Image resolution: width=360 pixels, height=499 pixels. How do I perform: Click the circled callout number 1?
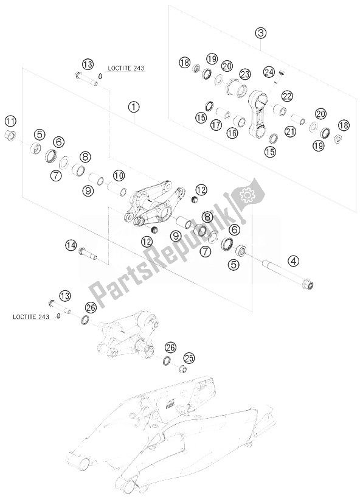coord(134,107)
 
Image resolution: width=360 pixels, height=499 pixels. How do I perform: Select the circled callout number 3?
coord(260,33)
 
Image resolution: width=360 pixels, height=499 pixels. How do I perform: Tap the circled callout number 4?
coord(294,261)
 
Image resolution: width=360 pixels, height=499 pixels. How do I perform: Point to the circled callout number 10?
coord(119,175)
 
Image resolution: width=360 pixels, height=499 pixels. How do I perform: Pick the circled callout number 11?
coord(10,121)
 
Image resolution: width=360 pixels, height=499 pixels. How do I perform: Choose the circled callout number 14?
coord(71,245)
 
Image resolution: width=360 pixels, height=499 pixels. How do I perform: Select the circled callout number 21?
coord(291,131)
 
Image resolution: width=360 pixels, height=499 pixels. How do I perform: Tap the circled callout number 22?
coord(287,96)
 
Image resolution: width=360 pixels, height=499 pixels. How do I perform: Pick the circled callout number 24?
coord(269,72)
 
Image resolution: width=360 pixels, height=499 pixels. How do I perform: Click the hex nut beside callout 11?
coord(11,137)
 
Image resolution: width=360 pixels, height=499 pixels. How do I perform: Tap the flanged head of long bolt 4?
coord(308,284)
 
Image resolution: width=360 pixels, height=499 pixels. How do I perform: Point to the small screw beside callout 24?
coord(279,77)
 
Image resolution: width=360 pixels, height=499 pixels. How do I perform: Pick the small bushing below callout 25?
coord(182,369)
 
